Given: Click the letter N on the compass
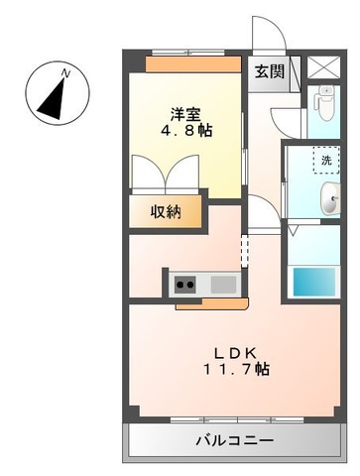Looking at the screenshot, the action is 66,73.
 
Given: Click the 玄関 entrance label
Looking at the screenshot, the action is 270,71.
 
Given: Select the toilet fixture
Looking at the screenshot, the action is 325,103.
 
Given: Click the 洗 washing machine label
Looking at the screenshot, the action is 326,161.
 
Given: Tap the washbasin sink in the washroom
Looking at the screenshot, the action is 330,198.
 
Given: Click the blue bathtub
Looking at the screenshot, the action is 314,281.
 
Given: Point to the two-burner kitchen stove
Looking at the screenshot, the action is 185,285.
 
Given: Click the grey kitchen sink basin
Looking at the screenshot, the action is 223,284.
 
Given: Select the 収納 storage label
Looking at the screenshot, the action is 166,211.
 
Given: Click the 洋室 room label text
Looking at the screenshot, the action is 185,115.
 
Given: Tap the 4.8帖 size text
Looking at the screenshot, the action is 186,131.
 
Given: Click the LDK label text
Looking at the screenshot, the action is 235,354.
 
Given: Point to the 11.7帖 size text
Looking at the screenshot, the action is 236,369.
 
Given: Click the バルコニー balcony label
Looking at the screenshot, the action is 235,440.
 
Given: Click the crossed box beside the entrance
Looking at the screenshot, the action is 323,67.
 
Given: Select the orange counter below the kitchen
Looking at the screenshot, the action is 212,303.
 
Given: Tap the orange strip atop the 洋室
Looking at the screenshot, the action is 193,64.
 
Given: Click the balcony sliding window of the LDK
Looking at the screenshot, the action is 237,420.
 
